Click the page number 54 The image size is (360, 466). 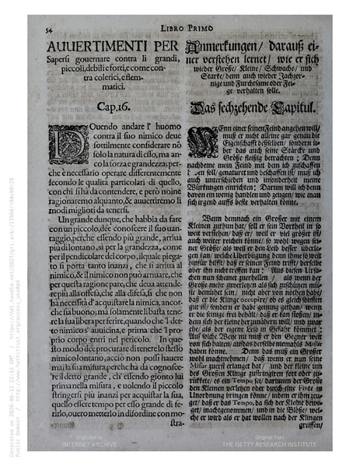click(47, 30)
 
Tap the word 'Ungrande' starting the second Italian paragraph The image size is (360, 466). click(71, 221)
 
